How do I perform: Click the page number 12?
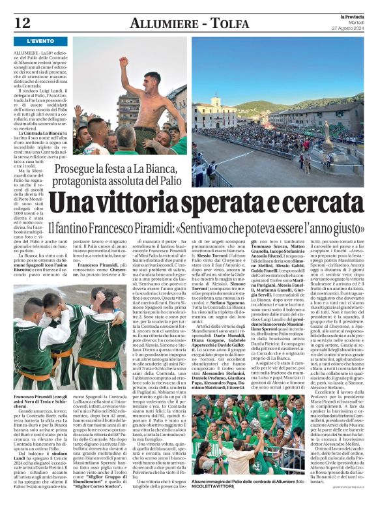tap(22, 23)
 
